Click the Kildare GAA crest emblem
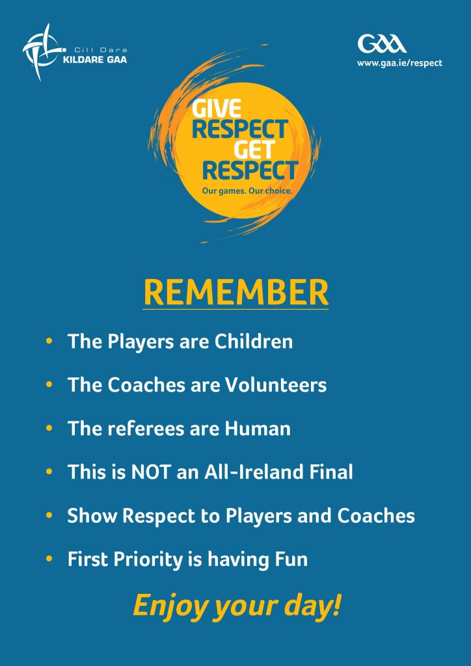coord(42,53)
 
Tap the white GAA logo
coord(382,44)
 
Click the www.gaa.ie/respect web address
coord(399,63)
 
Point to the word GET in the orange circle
coord(254,149)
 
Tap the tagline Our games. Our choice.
coord(247,192)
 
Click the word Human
coord(258,429)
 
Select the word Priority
coord(145,560)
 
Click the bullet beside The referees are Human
coord(49,428)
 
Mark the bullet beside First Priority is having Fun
coord(49,559)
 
